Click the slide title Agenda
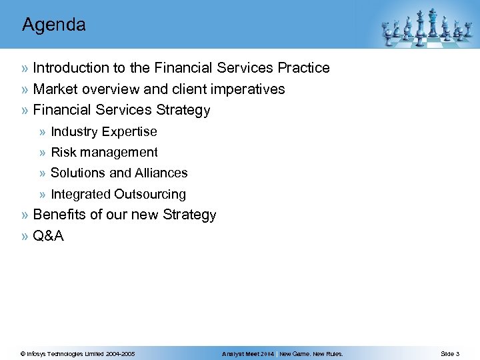pyautogui.click(x=54, y=25)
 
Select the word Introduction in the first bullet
pyautogui.click(x=71, y=68)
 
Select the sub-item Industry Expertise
pyautogui.click(x=103, y=132)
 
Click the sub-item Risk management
pyautogui.click(x=104, y=153)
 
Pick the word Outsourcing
pyautogui.click(x=150, y=195)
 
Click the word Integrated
pyautogui.click(x=81, y=195)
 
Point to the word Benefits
pyautogui.click(x=59, y=215)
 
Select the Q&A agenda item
pyautogui.click(x=48, y=236)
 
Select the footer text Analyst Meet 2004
pyautogui.click(x=248, y=354)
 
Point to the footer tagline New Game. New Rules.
pyautogui.click(x=311, y=354)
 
